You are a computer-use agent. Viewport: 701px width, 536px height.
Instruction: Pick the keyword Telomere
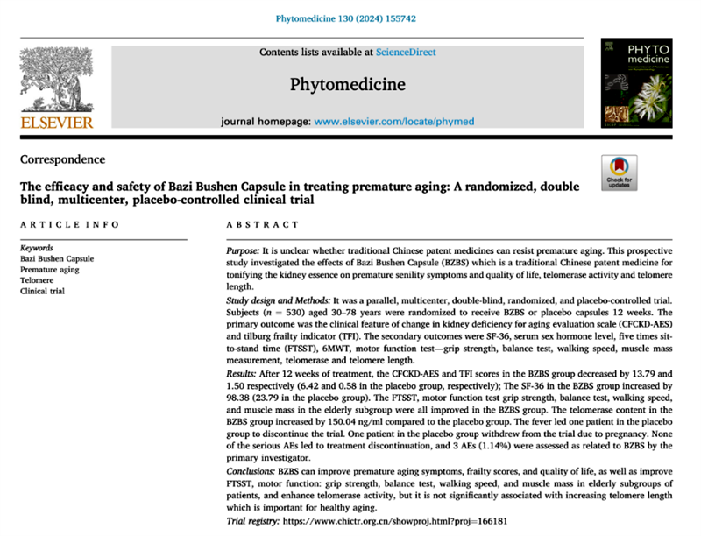point(38,280)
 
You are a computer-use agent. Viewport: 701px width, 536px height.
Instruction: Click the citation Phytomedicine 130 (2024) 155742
point(350,18)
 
